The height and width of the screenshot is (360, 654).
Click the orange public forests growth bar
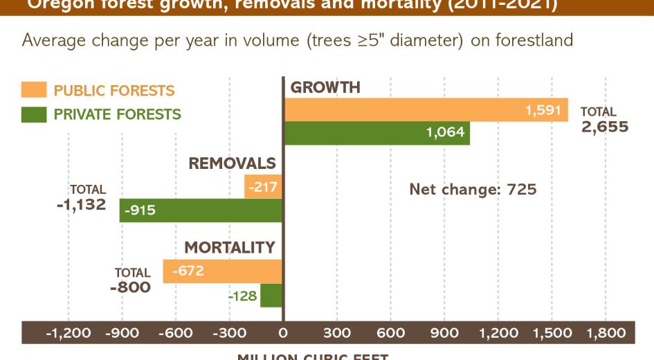(x=415, y=110)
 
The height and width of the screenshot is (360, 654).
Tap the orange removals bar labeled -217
(x=264, y=186)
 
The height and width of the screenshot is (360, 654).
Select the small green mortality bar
(x=271, y=296)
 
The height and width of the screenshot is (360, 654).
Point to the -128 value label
(x=243, y=296)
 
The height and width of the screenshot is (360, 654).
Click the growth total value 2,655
(x=605, y=127)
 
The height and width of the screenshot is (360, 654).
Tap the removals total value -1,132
(x=82, y=204)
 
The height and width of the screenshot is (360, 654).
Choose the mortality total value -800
(x=129, y=287)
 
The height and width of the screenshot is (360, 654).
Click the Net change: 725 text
(x=473, y=189)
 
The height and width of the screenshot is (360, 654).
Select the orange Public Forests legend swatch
(x=34, y=90)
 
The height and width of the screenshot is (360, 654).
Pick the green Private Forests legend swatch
(x=34, y=114)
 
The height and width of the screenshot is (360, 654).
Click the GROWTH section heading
(x=325, y=88)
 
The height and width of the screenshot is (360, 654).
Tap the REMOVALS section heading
(x=232, y=163)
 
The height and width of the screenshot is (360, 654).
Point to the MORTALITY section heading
(x=230, y=248)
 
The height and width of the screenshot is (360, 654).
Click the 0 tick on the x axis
(x=283, y=333)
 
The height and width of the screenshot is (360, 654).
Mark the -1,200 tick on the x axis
(x=68, y=333)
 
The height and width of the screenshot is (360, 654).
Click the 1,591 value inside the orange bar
(x=543, y=109)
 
